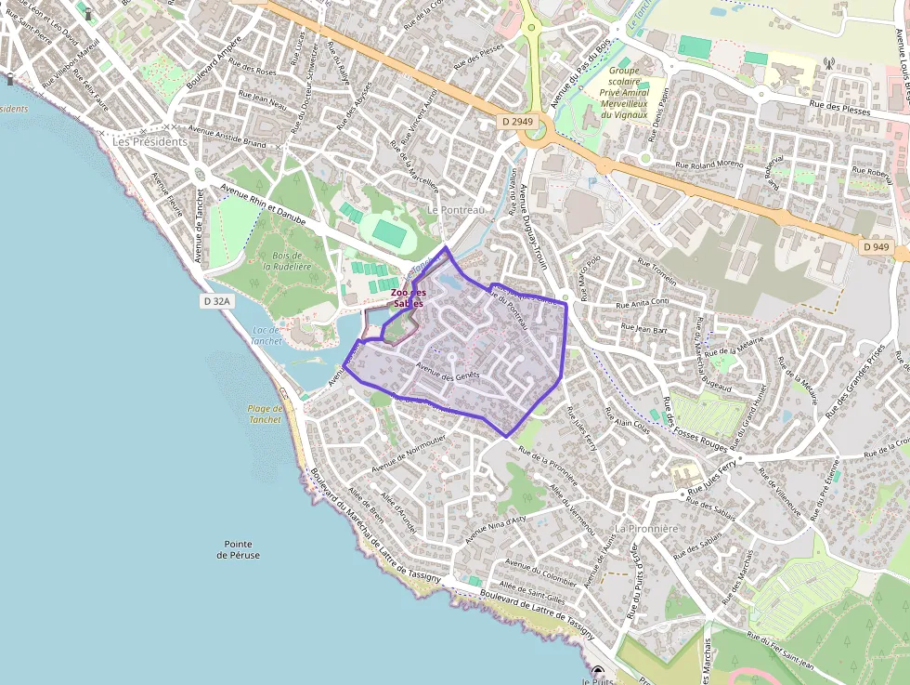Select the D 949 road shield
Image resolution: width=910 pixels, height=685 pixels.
(x=874, y=247)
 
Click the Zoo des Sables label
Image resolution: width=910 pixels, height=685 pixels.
(x=408, y=298)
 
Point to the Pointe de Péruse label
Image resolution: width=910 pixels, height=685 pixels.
(x=239, y=549)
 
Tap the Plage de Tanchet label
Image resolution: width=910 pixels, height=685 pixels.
(x=265, y=414)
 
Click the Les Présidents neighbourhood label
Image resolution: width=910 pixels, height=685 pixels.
(x=149, y=142)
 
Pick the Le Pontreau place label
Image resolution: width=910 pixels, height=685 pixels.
(x=457, y=210)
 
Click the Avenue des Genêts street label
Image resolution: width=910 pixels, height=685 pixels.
(x=448, y=374)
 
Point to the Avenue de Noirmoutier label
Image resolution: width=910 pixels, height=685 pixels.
(x=409, y=451)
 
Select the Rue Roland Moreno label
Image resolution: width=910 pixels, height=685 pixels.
(x=710, y=165)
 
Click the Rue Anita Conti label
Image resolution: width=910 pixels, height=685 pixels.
(x=643, y=303)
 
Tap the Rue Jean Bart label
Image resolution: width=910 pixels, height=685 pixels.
(x=643, y=328)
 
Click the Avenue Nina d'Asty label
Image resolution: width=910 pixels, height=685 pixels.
(x=495, y=530)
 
